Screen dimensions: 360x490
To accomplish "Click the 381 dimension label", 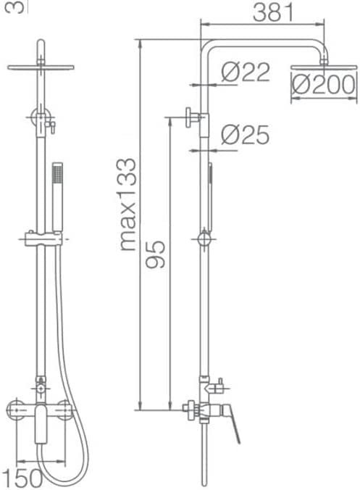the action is click(274, 12).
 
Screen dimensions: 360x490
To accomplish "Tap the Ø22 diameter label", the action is click(246, 72).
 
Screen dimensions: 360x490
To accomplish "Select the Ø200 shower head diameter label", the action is click(324, 84).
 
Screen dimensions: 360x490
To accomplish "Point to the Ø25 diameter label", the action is click(245, 135).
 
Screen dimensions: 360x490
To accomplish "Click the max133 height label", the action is click(128, 204).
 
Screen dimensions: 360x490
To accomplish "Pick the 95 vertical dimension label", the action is click(156, 254).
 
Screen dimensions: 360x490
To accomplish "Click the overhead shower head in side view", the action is click(324, 67).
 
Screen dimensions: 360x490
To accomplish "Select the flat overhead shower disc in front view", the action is click(41, 67).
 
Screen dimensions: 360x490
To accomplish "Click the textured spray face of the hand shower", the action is click(58, 173).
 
